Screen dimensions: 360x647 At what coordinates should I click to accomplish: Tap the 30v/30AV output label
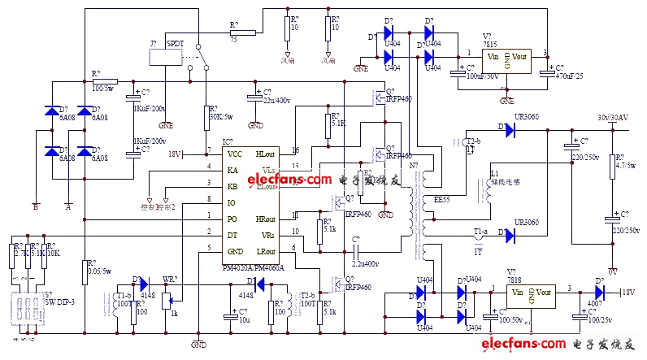pyautogui.click(x=614, y=117)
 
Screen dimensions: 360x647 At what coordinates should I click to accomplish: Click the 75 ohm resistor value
pyautogui.click(x=234, y=37)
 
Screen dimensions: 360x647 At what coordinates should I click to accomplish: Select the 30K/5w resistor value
pyautogui.click(x=219, y=115)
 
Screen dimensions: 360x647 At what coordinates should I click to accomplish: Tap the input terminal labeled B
pyautogui.click(x=35, y=206)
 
